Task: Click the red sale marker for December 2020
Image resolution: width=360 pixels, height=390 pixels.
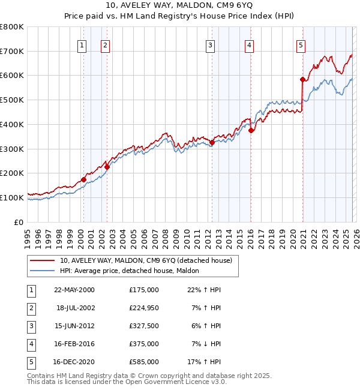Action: tap(302, 79)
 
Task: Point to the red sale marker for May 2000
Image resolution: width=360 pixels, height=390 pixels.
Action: tap(84, 179)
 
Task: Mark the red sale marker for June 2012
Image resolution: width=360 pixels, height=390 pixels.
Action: tap(212, 142)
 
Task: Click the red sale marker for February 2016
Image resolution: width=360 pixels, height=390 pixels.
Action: tap(251, 130)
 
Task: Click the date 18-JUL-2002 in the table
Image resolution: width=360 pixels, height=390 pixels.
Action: tap(75, 308)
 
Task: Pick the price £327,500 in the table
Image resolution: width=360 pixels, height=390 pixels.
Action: tap(144, 326)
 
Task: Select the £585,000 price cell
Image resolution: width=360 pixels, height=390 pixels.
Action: tap(144, 362)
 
